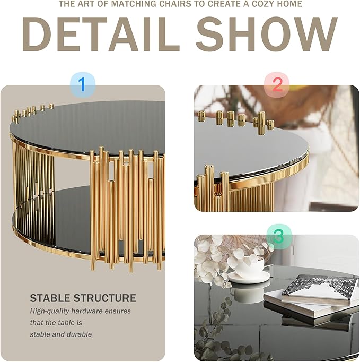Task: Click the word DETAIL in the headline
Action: pyautogui.click(x=100, y=34)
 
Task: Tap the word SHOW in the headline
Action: pyautogui.click(x=266, y=34)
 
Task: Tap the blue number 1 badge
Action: pyautogui.click(x=82, y=85)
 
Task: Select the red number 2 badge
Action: pyautogui.click(x=277, y=84)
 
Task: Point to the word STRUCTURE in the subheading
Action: pyautogui.click(x=106, y=298)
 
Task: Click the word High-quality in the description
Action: pyautogui.click(x=50, y=311)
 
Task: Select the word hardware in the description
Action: pyautogui.click(x=87, y=311)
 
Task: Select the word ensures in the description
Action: pyautogui.click(x=118, y=311)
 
